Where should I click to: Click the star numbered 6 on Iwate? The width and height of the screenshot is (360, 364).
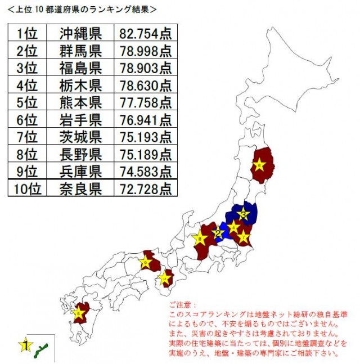[x=259, y=165]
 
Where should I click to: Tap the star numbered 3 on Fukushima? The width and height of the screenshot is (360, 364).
[x=243, y=214]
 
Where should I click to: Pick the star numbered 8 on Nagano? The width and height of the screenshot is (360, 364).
[x=200, y=238]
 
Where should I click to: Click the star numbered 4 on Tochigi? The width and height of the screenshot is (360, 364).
[x=233, y=227]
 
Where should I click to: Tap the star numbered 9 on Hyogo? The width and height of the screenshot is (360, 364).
[x=146, y=263]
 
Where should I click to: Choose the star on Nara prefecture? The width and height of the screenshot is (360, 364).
[x=164, y=277]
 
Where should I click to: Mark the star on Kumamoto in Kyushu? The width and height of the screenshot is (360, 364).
[x=78, y=312]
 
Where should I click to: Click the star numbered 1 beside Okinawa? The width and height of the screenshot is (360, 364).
[x=25, y=345]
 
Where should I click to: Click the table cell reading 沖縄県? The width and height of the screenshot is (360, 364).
[x=80, y=32]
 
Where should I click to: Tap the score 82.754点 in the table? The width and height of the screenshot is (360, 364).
[x=145, y=32]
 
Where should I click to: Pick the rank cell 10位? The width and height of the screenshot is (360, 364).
[x=26, y=188]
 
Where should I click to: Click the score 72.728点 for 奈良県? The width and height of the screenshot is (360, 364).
[x=145, y=188]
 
